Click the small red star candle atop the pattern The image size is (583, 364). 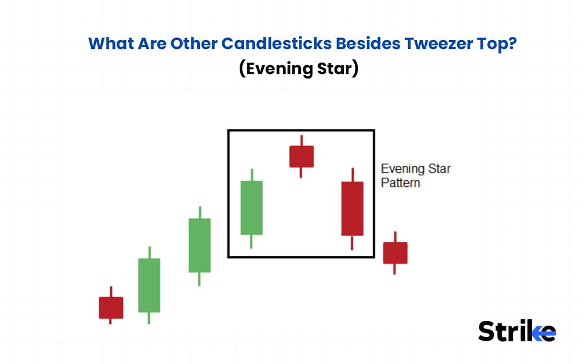[302, 157]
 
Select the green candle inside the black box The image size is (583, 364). [251, 208]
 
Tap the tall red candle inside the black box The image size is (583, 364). [352, 208]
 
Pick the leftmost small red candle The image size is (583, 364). [111, 308]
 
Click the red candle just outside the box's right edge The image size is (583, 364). [395, 253]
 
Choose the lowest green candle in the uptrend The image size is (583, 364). [149, 285]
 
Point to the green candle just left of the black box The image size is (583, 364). [199, 245]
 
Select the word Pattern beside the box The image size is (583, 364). [400, 183]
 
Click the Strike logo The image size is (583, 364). [517, 331]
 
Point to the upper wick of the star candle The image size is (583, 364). [301, 140]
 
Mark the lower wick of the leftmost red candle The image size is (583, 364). [111, 321]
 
